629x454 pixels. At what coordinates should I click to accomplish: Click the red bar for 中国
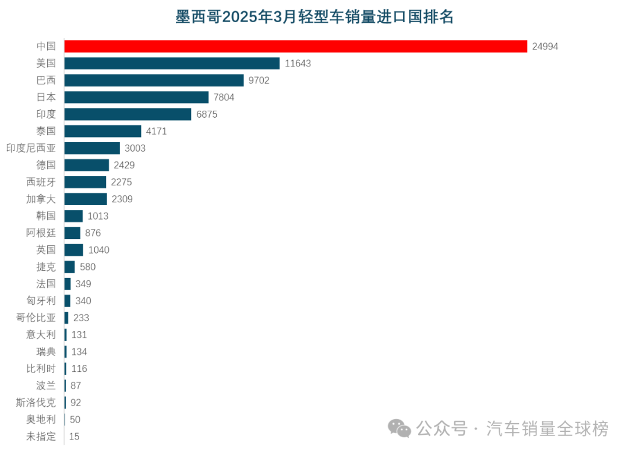295,46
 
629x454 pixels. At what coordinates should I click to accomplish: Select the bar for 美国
172,63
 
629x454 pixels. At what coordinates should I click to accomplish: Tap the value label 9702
259,80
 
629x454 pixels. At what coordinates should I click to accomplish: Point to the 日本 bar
136,97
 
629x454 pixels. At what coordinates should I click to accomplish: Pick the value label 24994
545,47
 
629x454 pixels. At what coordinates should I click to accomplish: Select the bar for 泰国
103,131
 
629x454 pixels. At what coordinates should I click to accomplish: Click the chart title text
314,17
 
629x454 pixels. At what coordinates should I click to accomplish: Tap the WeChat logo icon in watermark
400,430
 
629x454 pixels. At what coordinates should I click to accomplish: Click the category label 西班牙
41,182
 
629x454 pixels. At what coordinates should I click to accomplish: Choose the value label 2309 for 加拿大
122,199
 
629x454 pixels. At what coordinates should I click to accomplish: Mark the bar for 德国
86,165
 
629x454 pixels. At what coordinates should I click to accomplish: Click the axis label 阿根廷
41,233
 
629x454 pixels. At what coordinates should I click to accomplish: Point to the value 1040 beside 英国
98,250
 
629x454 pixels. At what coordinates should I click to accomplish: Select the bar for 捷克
69,267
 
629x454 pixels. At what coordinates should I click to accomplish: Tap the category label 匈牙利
41,301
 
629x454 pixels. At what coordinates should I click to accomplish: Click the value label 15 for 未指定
74,437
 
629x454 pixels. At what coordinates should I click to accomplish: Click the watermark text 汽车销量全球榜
547,429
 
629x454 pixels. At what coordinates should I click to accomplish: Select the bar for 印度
128,114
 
